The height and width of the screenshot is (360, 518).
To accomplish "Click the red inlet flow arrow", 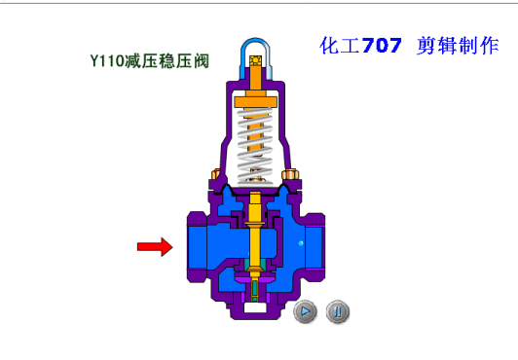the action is pyautogui.click(x=155, y=246).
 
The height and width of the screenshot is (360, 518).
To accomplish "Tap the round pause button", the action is pyautogui.click(x=337, y=311).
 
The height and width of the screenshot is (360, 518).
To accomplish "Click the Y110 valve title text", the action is pyautogui.click(x=150, y=61).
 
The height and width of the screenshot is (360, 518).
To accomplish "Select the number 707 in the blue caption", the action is pyautogui.click(x=382, y=45).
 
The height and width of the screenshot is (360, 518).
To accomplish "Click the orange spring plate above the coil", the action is pyautogui.click(x=255, y=102).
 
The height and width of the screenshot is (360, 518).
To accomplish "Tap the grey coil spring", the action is pyautogui.click(x=255, y=146).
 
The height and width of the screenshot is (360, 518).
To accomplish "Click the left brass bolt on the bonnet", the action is pyautogui.click(x=215, y=174).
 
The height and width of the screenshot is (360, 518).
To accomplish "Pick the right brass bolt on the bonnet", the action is pyautogui.click(x=290, y=174).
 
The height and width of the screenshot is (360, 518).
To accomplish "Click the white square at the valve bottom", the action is pyautogui.click(x=255, y=307).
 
